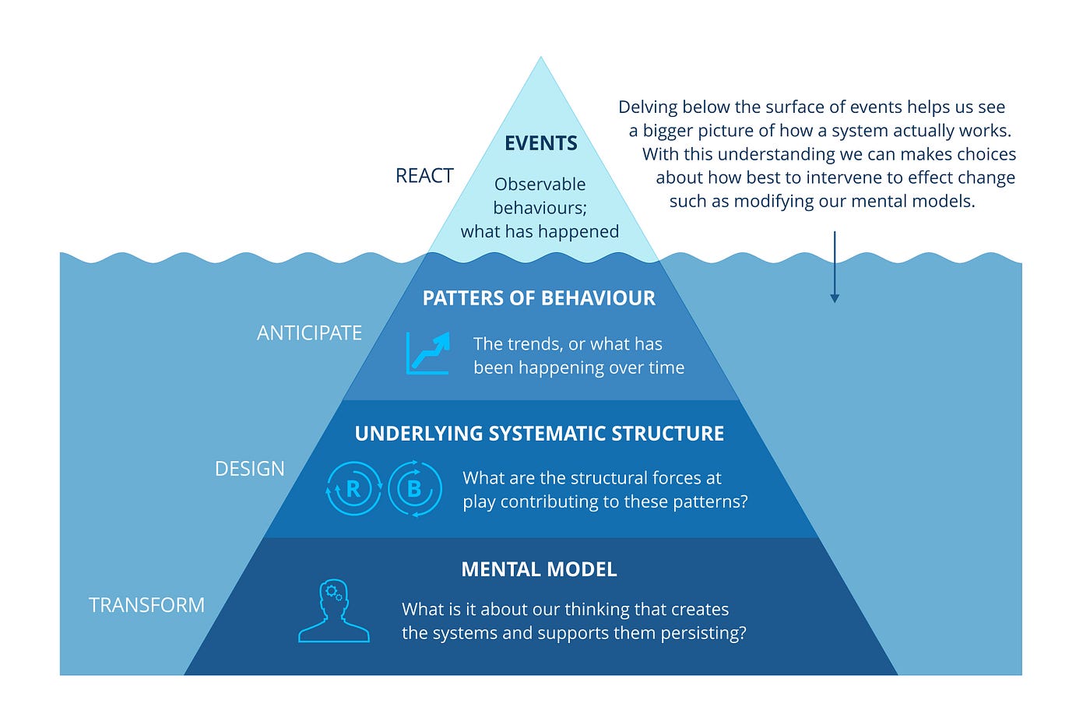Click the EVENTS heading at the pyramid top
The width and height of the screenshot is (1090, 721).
[540, 143]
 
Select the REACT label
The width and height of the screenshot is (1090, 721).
[424, 176]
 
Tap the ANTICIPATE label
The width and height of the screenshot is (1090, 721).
[309, 333]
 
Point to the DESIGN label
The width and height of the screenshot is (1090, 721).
[249, 469]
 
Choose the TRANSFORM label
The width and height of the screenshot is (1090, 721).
[146, 605]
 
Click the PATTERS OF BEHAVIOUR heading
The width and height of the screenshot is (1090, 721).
[539, 298]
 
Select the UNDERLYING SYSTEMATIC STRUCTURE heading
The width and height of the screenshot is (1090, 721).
[539, 434]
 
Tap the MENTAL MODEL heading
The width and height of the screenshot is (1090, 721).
[539, 569]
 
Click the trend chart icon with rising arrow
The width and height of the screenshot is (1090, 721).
[428, 353]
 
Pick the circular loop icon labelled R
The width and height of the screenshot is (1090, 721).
[353, 489]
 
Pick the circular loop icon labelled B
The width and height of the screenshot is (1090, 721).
[414, 489]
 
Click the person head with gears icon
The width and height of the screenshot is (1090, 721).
[334, 611]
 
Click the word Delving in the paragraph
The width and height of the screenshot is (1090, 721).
[650, 107]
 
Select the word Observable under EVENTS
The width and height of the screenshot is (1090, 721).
[540, 185]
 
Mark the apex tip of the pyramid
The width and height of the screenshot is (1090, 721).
[540, 58]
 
